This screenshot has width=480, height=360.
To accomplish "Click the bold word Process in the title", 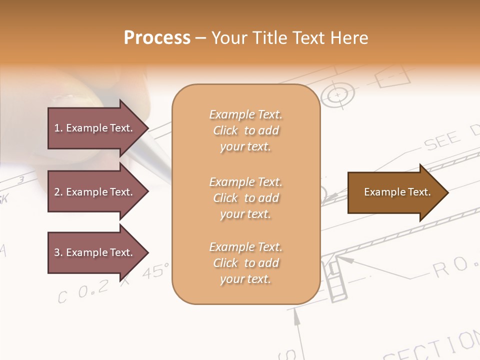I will click(157, 38).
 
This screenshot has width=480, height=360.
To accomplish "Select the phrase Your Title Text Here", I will click(290, 38).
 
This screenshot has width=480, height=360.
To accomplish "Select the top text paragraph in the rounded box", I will click(245, 130).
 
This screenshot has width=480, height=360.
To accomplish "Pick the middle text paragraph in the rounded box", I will click(245, 198).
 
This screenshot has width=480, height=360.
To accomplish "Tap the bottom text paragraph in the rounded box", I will click(245, 263).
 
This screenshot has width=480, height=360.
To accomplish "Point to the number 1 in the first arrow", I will click(57, 128).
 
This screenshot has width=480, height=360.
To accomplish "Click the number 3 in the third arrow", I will click(57, 252).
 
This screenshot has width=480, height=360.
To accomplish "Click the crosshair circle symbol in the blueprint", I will click(338, 94).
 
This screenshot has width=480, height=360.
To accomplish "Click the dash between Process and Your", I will click(200, 38).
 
